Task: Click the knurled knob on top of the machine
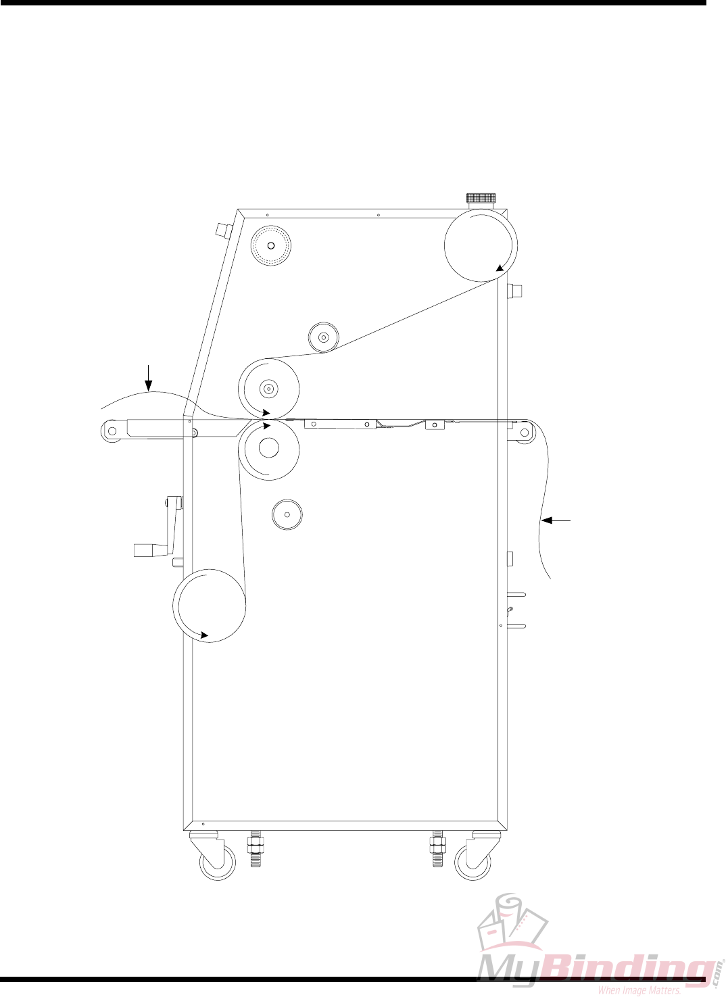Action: point(481,198)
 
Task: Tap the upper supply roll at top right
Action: point(481,245)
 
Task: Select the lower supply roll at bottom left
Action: point(209,606)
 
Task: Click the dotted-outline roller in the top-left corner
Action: point(270,245)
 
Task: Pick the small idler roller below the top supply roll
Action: point(324,337)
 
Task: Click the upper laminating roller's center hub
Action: point(268,389)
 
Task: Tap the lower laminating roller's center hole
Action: point(268,447)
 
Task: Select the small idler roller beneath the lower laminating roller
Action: point(287,514)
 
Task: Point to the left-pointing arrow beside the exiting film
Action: point(558,520)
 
